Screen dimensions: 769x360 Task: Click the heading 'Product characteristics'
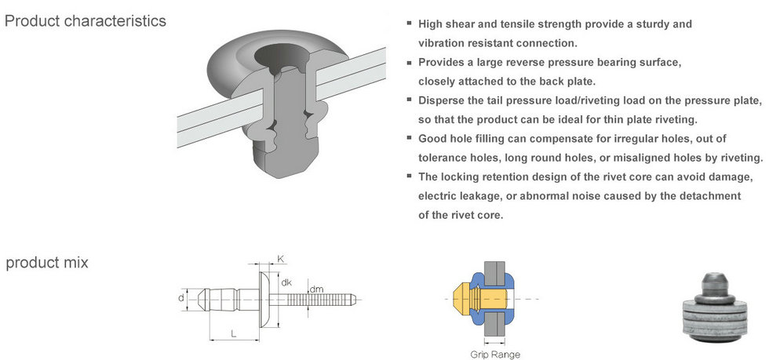pyautogui.click(x=85, y=21)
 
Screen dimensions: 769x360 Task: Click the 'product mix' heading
pyautogui.click(x=47, y=263)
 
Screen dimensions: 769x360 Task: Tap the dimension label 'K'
pyautogui.click(x=281, y=259)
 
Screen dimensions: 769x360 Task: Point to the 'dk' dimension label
pyautogui.click(x=286, y=282)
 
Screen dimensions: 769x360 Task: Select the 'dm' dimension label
pyautogui.click(x=316, y=289)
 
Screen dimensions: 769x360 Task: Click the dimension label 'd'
pyautogui.click(x=181, y=298)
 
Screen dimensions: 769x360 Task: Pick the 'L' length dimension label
pyautogui.click(x=234, y=333)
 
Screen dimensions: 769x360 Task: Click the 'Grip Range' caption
pyautogui.click(x=495, y=354)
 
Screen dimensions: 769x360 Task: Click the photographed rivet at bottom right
pyautogui.click(x=715, y=307)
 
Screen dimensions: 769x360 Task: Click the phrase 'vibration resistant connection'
pyautogui.click(x=497, y=43)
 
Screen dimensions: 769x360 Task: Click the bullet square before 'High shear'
pyautogui.click(x=409, y=23)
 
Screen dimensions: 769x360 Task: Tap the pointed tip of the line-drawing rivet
pyautogui.click(x=199, y=298)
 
